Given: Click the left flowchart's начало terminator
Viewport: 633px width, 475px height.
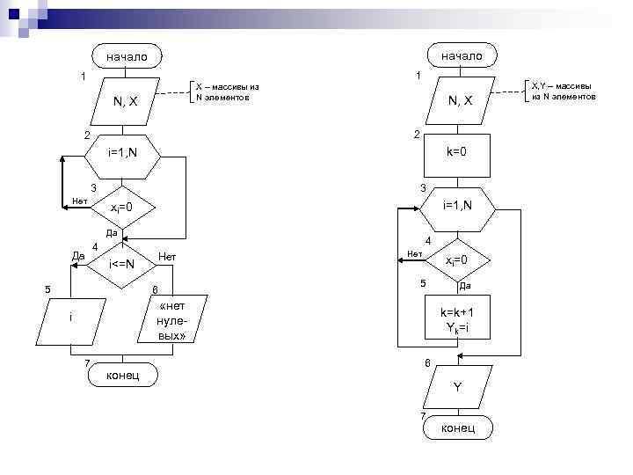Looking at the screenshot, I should click(127, 57).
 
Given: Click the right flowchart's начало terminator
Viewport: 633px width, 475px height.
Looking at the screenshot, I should click(462, 55).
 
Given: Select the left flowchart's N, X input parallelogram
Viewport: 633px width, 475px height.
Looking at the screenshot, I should click(125, 102).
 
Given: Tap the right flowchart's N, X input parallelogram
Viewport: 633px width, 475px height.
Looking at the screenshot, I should click(461, 102).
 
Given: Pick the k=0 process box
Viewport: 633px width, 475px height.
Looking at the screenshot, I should click(456, 152).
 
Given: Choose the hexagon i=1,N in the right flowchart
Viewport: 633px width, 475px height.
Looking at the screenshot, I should click(457, 206).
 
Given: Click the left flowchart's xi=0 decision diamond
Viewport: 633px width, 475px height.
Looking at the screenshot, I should click(121, 208).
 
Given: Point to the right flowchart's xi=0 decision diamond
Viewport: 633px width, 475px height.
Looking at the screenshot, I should click(457, 260).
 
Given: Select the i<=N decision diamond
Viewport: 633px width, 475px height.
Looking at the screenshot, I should click(121, 264).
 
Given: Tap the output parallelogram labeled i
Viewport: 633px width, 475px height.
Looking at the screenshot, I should click(71, 318).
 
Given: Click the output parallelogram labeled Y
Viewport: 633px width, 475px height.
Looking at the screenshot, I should click(457, 387).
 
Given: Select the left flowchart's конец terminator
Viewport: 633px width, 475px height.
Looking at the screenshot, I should click(123, 375).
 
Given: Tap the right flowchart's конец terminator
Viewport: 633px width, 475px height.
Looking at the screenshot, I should click(457, 427).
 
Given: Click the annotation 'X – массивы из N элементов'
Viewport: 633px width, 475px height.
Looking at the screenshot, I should click(227, 92).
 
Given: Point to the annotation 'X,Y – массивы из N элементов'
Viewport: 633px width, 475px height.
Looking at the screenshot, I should click(564, 91).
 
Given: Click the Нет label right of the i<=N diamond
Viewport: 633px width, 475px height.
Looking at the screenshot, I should click(167, 256).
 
